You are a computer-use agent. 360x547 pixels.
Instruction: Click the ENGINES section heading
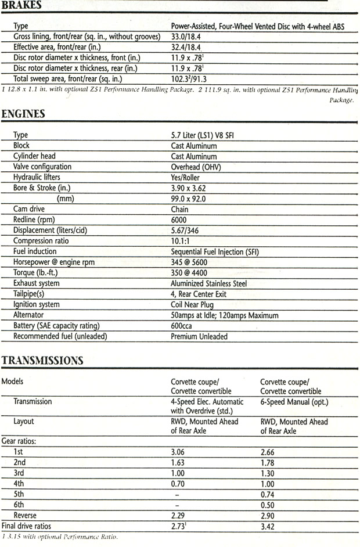23,114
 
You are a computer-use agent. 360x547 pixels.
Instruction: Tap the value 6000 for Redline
180,220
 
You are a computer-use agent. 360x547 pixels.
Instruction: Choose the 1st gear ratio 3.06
178,452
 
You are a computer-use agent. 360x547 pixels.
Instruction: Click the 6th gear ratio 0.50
268,505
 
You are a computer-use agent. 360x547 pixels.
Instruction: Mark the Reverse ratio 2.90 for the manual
268,516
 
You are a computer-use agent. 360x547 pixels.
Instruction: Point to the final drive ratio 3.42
268,526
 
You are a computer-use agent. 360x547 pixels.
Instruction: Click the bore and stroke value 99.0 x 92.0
188,199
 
